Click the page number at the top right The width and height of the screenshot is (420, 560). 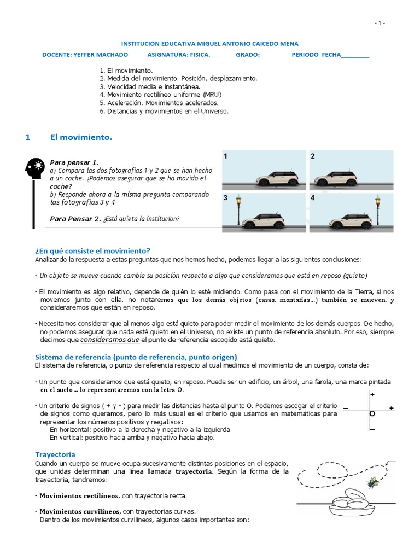(x=380, y=23)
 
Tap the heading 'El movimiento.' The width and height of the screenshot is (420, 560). (x=81, y=138)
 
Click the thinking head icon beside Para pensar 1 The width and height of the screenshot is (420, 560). (x=35, y=167)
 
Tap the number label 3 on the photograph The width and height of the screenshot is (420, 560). (x=225, y=199)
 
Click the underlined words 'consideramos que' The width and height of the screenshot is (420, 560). (x=110, y=340)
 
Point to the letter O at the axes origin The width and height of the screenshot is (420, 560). (x=372, y=414)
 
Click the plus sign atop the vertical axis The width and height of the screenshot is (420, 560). (x=372, y=394)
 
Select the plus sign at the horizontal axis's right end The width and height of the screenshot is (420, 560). (x=391, y=409)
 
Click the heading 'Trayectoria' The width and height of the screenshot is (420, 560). (x=55, y=454)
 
